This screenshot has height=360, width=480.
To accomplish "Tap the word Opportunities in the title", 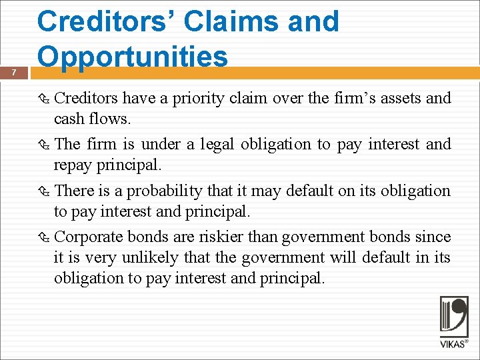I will click(133, 57).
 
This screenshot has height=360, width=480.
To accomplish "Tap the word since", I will click(433, 237).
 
